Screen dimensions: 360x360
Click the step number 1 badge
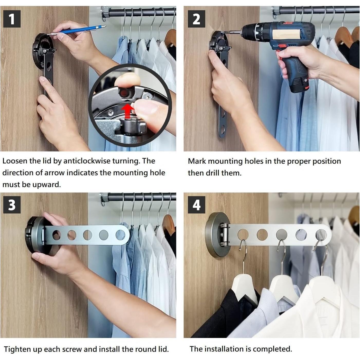pyautogui.click(x=12, y=19)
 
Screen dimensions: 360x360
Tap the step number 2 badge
pyautogui.click(x=197, y=19)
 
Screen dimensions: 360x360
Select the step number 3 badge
pyautogui.click(x=12, y=205)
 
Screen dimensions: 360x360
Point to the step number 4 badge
pyautogui.click(x=197, y=205)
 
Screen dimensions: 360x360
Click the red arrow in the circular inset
pyautogui.click(x=128, y=111)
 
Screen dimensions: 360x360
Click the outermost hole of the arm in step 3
pyautogui.click(x=121, y=235)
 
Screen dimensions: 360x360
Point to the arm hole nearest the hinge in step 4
pyautogui.click(x=243, y=234)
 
